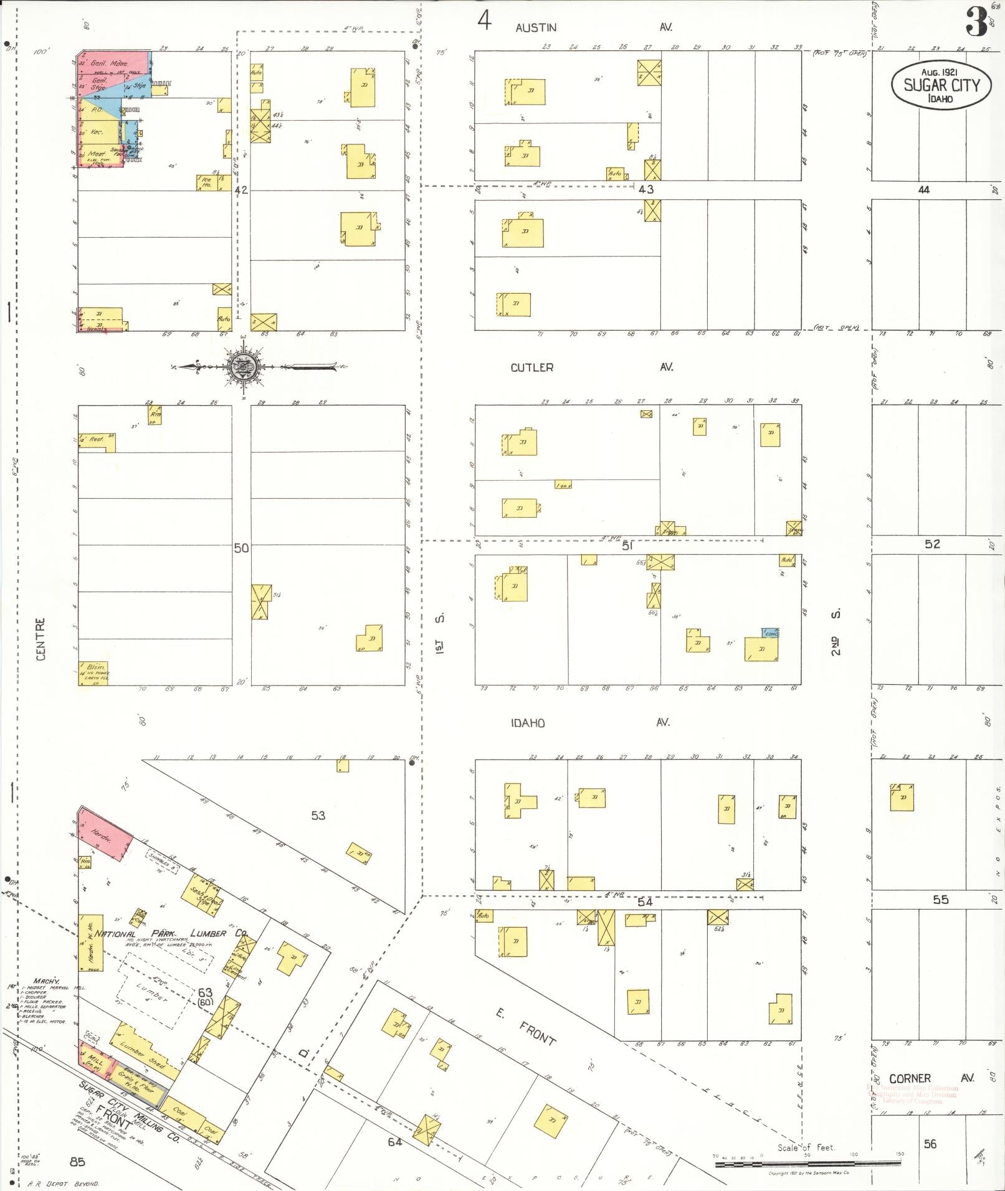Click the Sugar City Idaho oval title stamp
tap(940, 85)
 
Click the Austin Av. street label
tap(591, 27)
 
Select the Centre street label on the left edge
tap(40, 639)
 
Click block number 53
tap(318, 815)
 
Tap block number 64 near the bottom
tap(394, 1142)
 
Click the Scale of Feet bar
tap(807, 1163)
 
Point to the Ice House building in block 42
tap(206, 182)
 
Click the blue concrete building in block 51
tap(770, 633)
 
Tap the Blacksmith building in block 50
tap(93, 673)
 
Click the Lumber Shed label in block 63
tap(142, 1054)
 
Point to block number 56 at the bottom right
tap(930, 1144)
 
